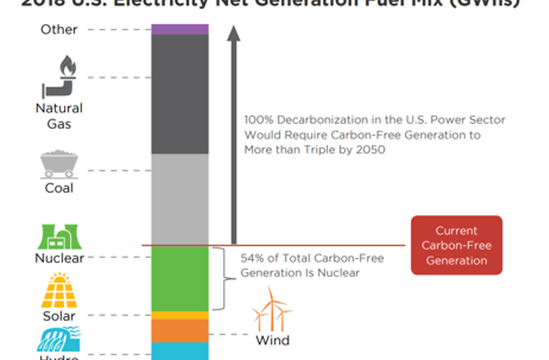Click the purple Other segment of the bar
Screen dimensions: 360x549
[180, 29]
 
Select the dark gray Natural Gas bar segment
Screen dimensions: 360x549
[180, 94]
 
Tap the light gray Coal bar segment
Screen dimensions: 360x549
[180, 200]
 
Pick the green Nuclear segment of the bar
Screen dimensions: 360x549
[180, 279]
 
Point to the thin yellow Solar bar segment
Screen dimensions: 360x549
[180, 315]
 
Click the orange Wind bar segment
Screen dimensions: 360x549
[180, 330]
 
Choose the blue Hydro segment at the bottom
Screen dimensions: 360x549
[180, 351]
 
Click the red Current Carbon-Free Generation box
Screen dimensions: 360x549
[456, 245]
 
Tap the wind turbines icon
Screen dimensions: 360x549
[272, 310]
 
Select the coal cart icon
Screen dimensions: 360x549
[60, 163]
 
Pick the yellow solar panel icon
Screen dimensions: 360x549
[59, 291]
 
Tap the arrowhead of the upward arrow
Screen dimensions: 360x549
[234, 35]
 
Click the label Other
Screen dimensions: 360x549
[59, 30]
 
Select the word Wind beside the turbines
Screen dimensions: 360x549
[272, 340]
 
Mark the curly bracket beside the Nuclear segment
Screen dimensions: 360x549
[220, 279]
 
